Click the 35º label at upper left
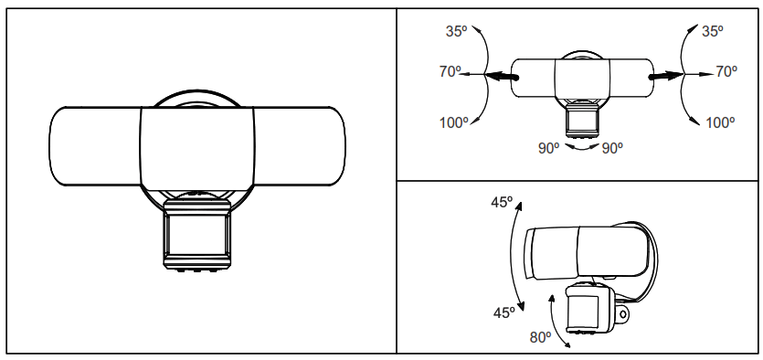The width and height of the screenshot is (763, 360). tap(457, 31)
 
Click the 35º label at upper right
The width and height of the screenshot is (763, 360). tap(713, 31)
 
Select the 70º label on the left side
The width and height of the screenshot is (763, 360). tap(450, 71)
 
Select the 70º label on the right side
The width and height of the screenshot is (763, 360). tap(726, 71)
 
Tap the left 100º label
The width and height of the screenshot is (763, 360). tap(454, 123)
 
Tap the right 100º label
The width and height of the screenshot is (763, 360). tap(720, 123)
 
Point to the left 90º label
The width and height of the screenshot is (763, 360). tap(548, 148)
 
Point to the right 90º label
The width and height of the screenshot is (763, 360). tap(612, 148)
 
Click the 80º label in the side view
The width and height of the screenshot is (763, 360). tap(541, 337)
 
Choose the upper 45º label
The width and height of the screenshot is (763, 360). tap(503, 202)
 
